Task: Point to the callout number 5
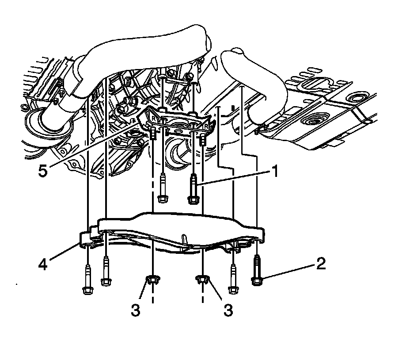(x=43, y=171)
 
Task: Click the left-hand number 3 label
(x=136, y=310)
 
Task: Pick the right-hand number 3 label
(x=228, y=310)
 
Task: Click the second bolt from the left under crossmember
(x=106, y=271)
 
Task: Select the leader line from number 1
(x=234, y=178)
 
